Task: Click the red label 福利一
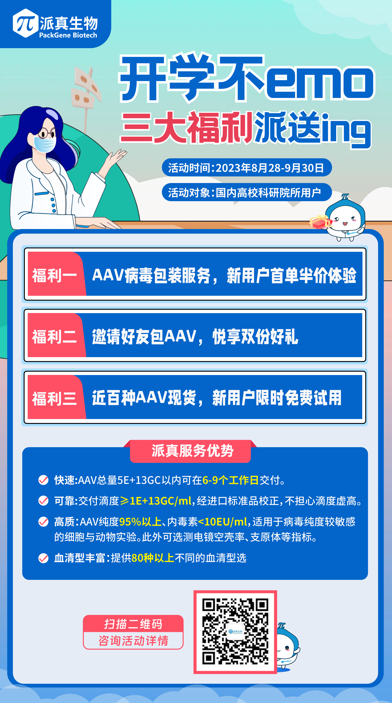point(54,275)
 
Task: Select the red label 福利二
point(54,336)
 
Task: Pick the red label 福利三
point(54,398)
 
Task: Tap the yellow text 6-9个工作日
point(230,480)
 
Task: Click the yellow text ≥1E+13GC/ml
point(156,501)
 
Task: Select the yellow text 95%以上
point(140,522)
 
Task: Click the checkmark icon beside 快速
point(43,480)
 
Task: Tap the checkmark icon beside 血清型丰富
point(43,558)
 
